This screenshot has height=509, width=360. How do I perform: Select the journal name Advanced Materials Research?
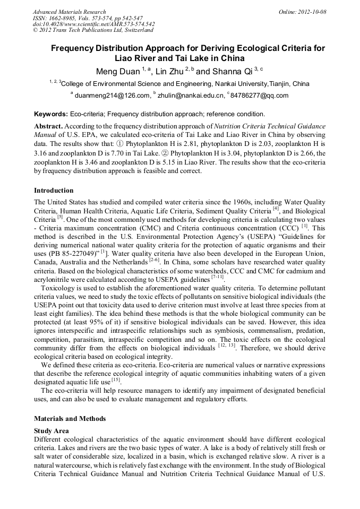[x=69, y=12]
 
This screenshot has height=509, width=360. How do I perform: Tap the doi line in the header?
[x=93, y=24]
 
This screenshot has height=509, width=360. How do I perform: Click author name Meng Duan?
[x=117, y=72]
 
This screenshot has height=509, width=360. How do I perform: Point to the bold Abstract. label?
[x=49, y=126]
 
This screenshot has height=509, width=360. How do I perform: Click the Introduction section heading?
[x=54, y=190]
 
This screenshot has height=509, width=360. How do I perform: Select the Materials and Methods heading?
[x=70, y=418]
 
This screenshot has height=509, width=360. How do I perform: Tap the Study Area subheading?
[x=52, y=430]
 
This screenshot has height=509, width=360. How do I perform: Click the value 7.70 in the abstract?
[x=105, y=152]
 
